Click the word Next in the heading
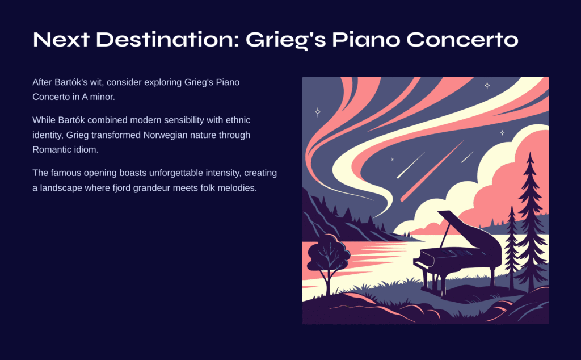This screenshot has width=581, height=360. click(x=61, y=39)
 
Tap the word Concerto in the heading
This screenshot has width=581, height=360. click(x=462, y=39)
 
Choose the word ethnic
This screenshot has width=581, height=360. click(x=238, y=120)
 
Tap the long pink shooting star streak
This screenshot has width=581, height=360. click(x=432, y=171)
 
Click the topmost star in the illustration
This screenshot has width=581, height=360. click(x=487, y=86)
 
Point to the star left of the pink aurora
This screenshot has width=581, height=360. click(x=318, y=112)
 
